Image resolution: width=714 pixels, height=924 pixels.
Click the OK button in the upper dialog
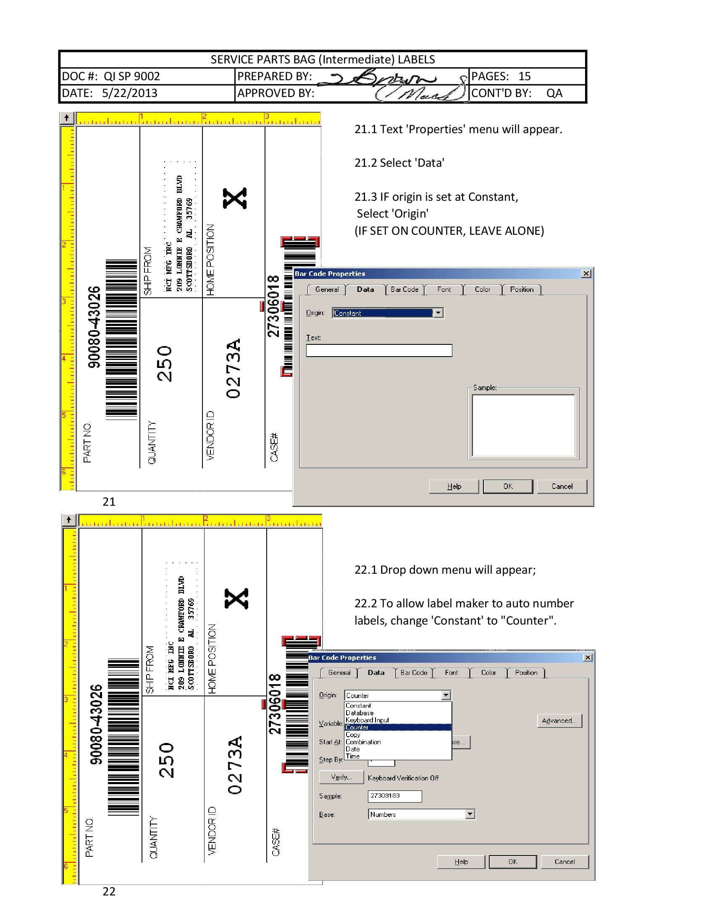point(508,486)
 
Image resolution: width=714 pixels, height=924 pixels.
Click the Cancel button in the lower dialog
point(564,861)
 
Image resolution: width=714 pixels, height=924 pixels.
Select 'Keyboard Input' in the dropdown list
point(367,719)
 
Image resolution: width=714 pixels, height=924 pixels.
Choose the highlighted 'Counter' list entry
point(398,727)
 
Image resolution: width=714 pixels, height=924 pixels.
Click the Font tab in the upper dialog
point(444,289)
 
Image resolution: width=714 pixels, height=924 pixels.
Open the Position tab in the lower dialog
point(526,673)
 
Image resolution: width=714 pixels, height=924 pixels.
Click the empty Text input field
point(379,350)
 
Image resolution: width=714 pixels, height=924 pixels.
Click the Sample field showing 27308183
point(394,796)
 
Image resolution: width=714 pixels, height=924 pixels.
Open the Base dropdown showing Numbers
point(470,814)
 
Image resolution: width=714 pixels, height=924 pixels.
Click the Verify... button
point(341,777)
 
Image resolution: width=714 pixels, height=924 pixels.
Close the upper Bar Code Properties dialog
point(586,274)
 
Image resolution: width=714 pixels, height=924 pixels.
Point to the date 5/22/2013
point(129,93)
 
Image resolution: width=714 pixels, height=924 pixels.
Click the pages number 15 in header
point(524,76)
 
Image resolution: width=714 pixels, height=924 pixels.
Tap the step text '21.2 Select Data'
point(399,163)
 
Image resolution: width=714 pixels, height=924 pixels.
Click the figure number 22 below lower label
point(109,891)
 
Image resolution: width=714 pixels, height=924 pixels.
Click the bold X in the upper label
point(235,198)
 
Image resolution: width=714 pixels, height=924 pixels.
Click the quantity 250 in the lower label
point(166,760)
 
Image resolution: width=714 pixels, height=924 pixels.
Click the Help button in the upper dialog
point(454,486)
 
